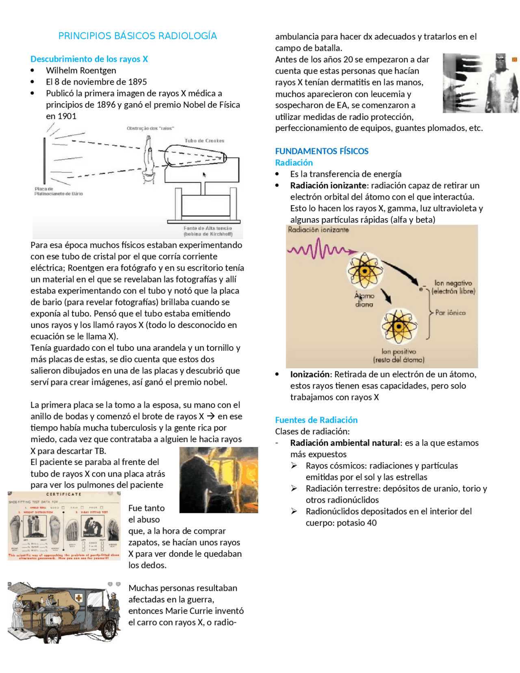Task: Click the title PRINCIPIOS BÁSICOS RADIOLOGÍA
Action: pos(137,36)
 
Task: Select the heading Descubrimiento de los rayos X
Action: pos(89,59)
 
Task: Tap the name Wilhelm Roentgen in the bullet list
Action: pos(81,70)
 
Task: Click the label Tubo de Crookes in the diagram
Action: pos(204,141)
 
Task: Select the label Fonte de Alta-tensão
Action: pos(208,228)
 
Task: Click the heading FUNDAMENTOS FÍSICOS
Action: pos(321,151)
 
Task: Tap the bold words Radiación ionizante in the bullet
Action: pos(328,185)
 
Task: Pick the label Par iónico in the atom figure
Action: pos(450,313)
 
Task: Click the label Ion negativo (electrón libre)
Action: pos(453,287)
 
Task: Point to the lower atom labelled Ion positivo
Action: pos(399,326)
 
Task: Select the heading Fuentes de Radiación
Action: pos(316,420)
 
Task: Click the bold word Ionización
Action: pos(310,374)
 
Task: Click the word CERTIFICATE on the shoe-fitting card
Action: pos(64,495)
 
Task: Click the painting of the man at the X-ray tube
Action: pos(219,480)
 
